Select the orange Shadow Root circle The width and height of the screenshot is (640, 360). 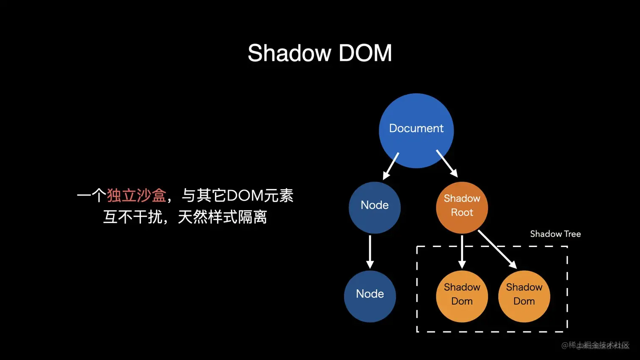tap(462, 207)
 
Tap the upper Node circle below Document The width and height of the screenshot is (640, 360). tap(375, 207)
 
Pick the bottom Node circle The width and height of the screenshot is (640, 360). tap(370, 296)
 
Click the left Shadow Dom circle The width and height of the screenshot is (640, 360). tap(462, 296)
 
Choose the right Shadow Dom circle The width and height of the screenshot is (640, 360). tap(524, 296)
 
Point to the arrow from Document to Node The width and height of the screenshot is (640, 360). tap(391, 166)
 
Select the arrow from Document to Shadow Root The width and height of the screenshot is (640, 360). tap(447, 163)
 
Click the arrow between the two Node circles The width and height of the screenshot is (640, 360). tap(370, 252)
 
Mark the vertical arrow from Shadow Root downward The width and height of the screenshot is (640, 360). tap(462, 252)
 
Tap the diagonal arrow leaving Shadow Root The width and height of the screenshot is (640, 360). tap(497, 250)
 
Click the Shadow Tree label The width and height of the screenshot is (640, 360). tap(555, 234)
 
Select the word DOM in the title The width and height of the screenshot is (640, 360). tap(365, 53)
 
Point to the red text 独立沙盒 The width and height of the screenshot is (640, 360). tap(136, 195)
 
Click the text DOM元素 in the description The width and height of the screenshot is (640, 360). tap(260, 195)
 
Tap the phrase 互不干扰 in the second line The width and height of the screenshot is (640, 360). tap(133, 217)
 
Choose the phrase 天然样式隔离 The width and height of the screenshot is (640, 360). tap(222, 217)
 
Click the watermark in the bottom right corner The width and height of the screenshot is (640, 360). tap(596, 345)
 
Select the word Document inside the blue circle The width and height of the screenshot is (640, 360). tap(416, 128)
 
